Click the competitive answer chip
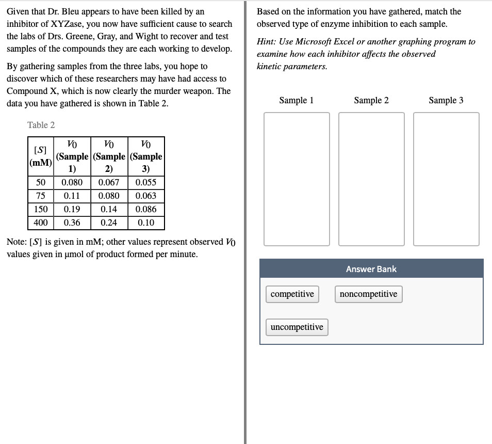292,294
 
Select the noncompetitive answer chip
368,294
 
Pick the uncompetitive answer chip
297,327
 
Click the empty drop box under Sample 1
297,179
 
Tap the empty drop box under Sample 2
371,179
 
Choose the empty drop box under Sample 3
446,179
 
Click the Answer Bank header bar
371,269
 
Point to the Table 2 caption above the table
41,125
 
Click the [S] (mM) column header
40,156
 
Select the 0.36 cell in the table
72,223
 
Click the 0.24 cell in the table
108,223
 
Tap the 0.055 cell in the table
146,183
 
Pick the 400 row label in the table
40,223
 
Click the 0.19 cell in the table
72,210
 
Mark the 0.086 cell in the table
146,210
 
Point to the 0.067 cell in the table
108,183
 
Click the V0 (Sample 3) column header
146,156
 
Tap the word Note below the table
16,242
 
